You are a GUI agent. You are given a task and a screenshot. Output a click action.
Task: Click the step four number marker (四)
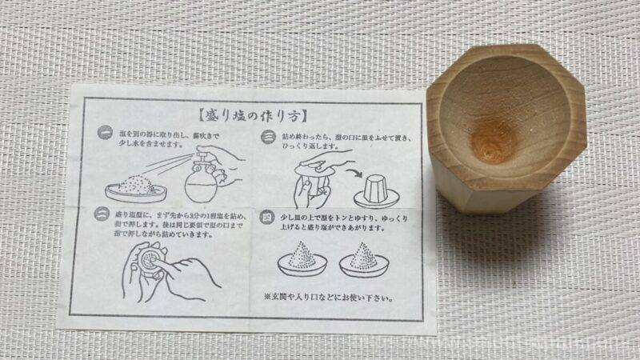click(268, 217)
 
